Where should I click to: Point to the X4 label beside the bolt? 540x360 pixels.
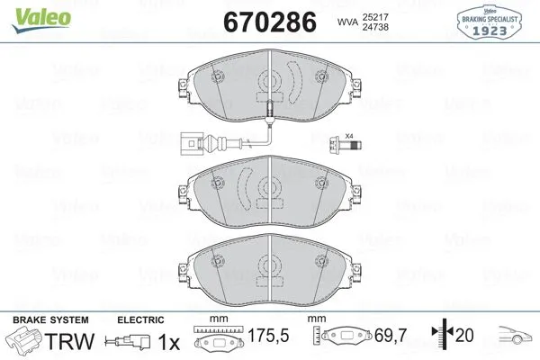click(x=349, y=136)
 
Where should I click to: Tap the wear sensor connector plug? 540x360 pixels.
click(x=190, y=143)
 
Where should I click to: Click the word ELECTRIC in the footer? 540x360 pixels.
click(x=140, y=319)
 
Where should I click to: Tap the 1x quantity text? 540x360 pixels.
click(x=167, y=342)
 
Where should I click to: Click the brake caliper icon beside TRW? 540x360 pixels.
click(x=24, y=341)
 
